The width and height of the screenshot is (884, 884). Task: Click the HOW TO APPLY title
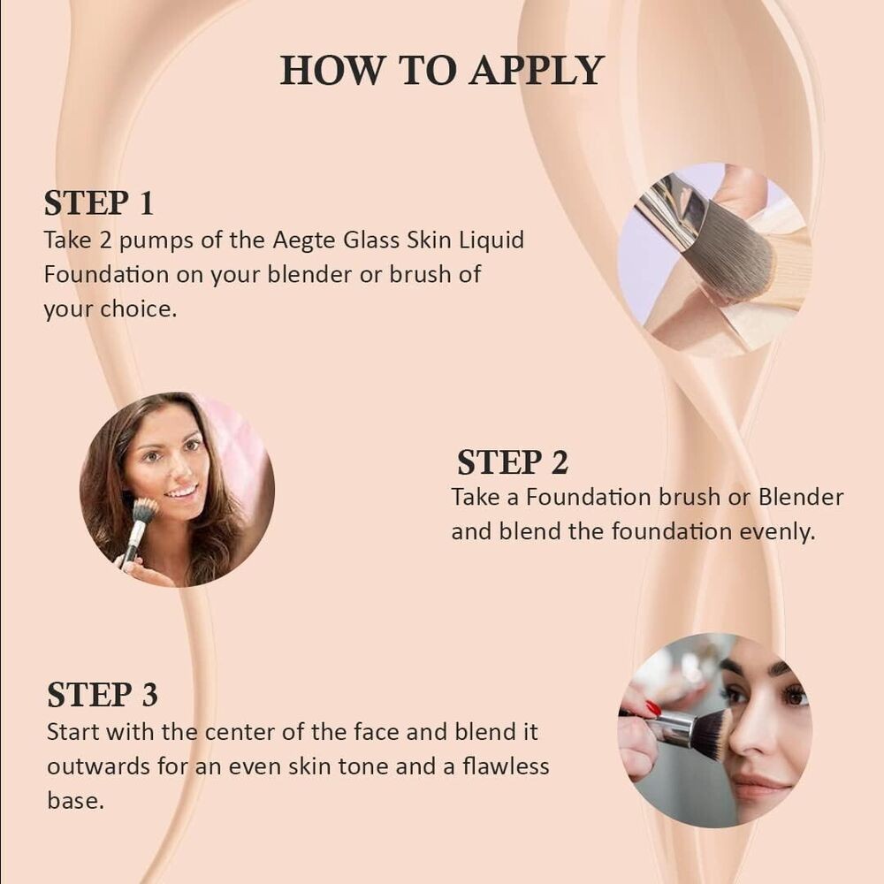tap(442, 71)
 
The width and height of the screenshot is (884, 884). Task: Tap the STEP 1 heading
tap(99, 203)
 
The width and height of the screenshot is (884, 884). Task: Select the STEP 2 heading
tap(513, 462)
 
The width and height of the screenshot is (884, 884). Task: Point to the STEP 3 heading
tap(103, 695)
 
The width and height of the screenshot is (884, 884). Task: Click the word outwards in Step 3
tap(88, 766)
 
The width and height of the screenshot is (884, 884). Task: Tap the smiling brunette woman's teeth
tap(182, 491)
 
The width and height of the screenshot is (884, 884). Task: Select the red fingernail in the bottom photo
tap(653, 708)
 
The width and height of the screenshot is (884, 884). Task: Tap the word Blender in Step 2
tap(801, 497)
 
